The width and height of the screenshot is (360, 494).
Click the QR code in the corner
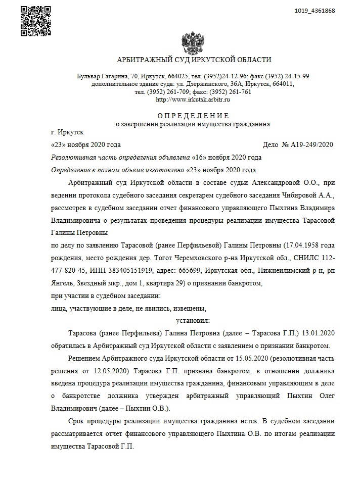tap(36, 21)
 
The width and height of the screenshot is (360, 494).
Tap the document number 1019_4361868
tap(314, 11)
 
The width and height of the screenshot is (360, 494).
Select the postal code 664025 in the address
tap(185, 76)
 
